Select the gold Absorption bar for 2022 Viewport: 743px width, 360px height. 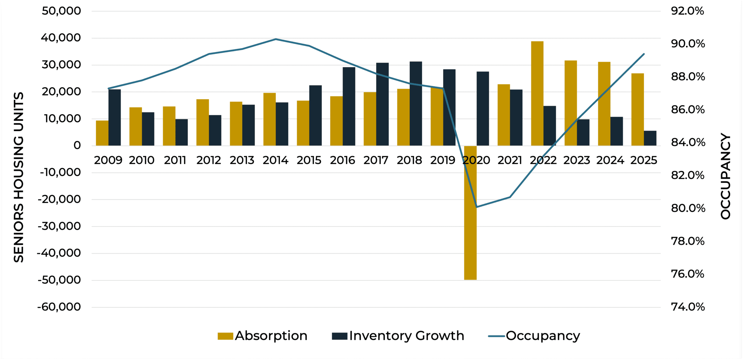[537, 93]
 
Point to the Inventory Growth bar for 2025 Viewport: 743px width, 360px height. [650, 138]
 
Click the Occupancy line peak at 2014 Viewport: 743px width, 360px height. [276, 39]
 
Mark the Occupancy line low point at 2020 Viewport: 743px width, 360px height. [476, 207]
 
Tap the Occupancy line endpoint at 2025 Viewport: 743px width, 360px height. [644, 54]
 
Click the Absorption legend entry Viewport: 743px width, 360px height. [263, 336]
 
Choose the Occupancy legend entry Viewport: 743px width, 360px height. [534, 336]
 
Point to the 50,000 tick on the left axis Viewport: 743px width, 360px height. [61, 11]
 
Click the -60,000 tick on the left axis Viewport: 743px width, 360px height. [59, 307]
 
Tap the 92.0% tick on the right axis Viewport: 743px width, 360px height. [687, 11]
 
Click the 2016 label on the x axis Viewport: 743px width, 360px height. [342, 160]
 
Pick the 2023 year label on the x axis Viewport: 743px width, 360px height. [577, 160]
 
